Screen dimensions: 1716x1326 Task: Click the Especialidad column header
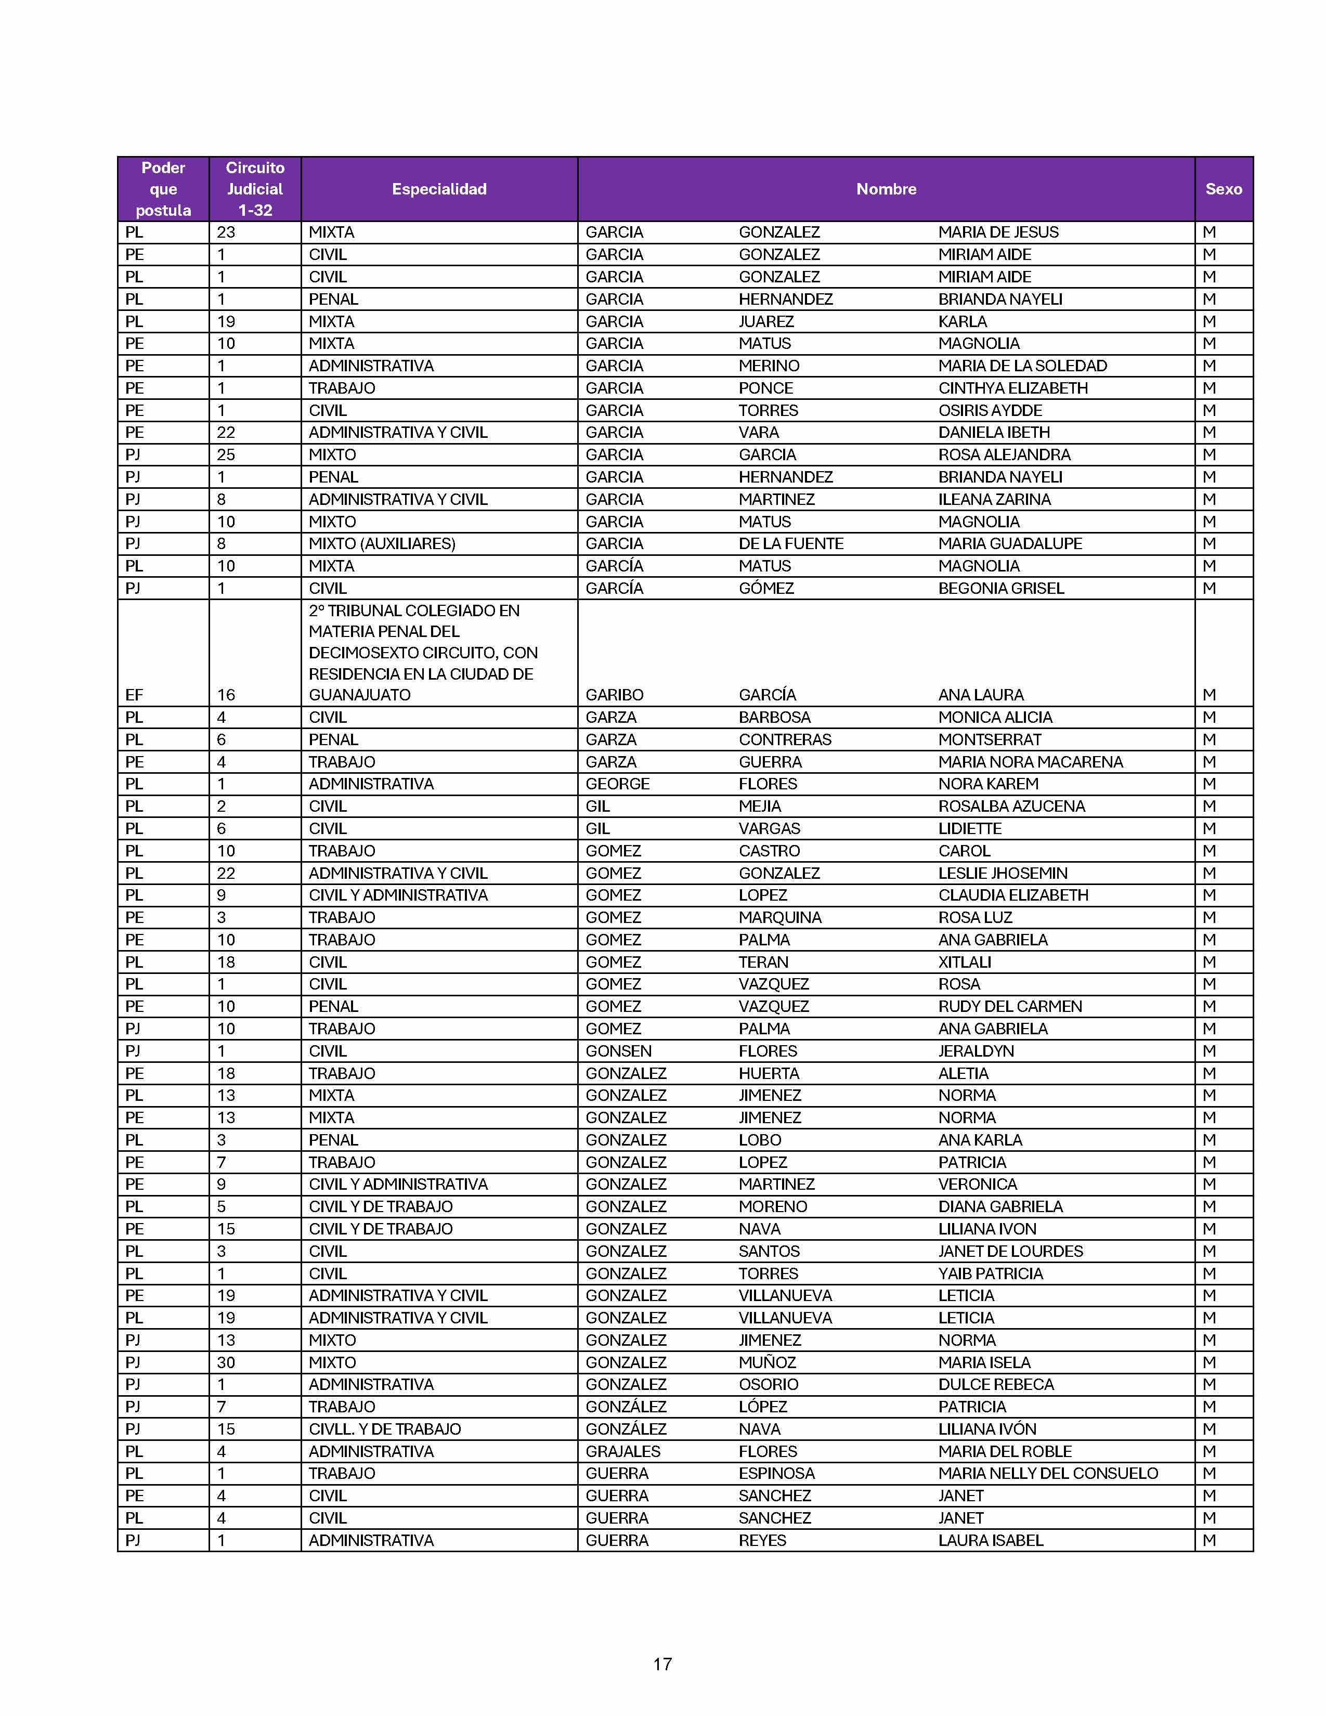(439, 189)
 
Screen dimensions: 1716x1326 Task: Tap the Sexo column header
(1223, 189)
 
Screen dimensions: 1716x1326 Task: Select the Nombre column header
(886, 189)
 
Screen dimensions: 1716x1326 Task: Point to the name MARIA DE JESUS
(998, 232)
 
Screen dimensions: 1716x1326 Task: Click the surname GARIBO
(614, 695)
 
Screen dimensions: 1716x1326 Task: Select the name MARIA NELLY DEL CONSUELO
(1048, 1473)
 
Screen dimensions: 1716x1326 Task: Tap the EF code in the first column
(134, 695)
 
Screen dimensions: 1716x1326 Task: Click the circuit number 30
(226, 1362)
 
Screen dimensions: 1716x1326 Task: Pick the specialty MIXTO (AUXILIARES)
(382, 544)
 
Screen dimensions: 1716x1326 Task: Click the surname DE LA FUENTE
(790, 544)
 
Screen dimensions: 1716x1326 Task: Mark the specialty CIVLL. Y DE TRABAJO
(384, 1429)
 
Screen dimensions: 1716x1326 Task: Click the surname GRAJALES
(623, 1451)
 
